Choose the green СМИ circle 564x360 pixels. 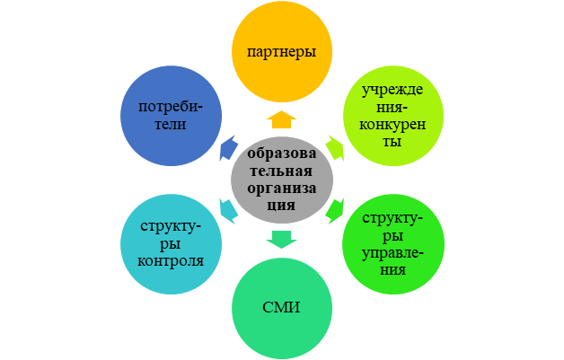point(281,307)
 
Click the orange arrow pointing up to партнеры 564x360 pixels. point(281,119)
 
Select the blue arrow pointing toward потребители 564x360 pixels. point(228,148)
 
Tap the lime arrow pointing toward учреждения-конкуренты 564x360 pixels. point(334,148)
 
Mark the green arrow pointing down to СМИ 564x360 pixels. point(281,238)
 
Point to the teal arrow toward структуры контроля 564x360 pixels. point(228,210)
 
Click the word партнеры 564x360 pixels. point(281,52)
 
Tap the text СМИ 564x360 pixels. point(281,309)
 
